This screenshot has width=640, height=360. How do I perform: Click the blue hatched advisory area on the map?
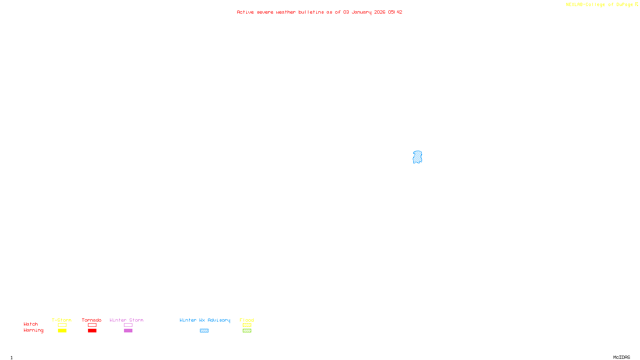point(417,157)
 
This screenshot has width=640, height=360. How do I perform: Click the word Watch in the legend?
point(31,324)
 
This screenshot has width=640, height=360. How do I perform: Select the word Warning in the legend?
point(34,330)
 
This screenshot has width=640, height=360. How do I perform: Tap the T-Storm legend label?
point(62,320)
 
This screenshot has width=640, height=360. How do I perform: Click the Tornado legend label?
point(92,320)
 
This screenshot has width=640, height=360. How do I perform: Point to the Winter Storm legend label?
point(126,320)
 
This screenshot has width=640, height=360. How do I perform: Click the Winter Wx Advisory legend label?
point(205,320)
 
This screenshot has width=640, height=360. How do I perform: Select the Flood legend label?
point(247,320)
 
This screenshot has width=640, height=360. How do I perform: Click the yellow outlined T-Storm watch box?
point(62,325)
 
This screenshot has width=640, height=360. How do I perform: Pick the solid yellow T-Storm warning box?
point(62,331)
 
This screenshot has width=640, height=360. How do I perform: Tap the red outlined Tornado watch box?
point(92,325)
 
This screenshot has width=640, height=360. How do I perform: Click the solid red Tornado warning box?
point(92,331)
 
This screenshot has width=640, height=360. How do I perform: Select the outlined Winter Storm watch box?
point(128,325)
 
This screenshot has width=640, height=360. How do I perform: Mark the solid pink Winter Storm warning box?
point(128,331)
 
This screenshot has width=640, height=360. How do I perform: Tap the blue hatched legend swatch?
point(204,331)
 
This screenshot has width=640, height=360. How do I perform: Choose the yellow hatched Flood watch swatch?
point(247,325)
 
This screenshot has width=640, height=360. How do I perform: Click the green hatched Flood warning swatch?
point(247,331)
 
